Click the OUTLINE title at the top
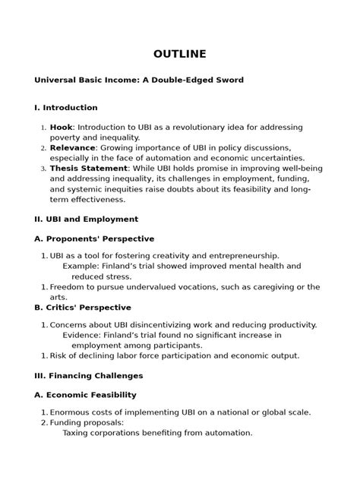(x=179, y=54)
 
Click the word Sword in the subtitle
(x=229, y=80)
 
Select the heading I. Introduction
(x=66, y=108)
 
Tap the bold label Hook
(x=62, y=127)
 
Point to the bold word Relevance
(x=73, y=147)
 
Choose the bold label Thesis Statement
(x=89, y=168)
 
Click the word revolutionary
(x=187, y=127)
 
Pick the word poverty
(x=66, y=137)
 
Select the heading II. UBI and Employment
(x=87, y=219)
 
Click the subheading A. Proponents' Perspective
(x=94, y=238)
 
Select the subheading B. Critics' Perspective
(x=83, y=308)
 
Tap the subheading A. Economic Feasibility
(x=86, y=395)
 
